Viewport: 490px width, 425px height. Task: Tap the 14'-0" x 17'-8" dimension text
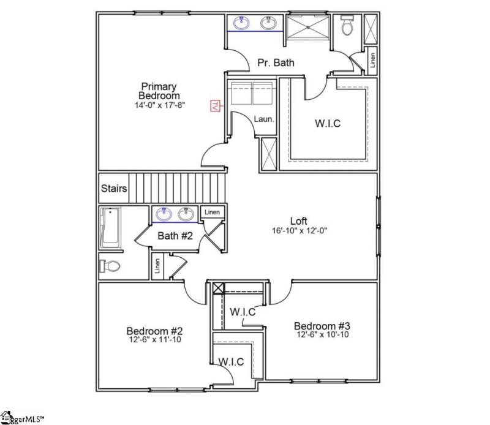pyautogui.click(x=160, y=105)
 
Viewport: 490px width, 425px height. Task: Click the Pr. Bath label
pyautogui.click(x=276, y=62)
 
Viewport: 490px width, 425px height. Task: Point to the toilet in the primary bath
pyautogui.click(x=348, y=26)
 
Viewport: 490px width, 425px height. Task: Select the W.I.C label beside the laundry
pyautogui.click(x=328, y=123)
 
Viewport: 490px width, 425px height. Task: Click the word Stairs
pyautogui.click(x=115, y=189)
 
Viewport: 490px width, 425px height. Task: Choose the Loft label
pyautogui.click(x=299, y=221)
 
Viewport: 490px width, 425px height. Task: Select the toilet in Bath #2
pyautogui.click(x=111, y=266)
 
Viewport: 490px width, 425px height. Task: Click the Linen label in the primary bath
pyautogui.click(x=372, y=59)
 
